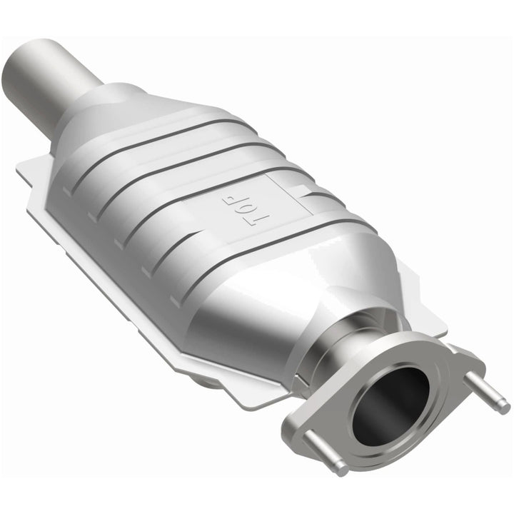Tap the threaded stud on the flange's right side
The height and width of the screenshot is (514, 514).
click(x=492, y=394)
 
